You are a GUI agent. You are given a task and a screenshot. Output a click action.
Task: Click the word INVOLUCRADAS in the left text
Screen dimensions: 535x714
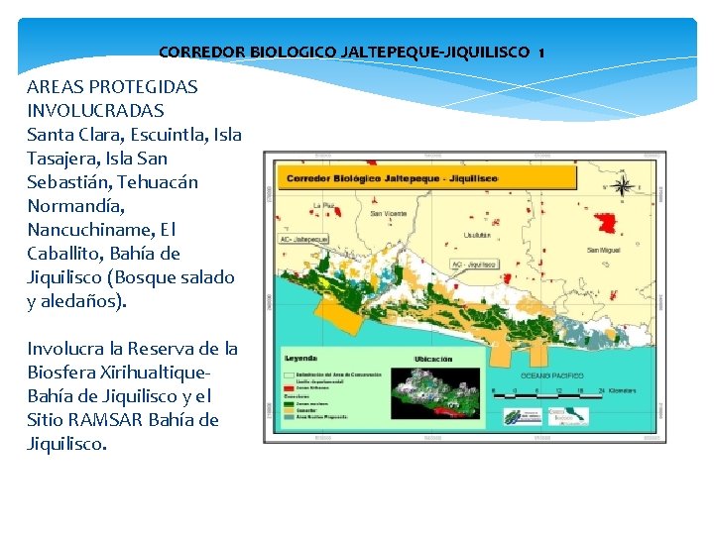click(95, 110)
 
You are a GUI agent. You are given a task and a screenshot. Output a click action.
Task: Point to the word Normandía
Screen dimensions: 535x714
click(75, 206)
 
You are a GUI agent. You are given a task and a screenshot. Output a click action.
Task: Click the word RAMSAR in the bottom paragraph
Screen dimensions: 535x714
click(114, 420)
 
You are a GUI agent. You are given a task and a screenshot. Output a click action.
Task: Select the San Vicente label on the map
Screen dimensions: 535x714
click(389, 212)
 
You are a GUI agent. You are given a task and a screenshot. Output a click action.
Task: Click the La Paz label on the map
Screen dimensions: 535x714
click(323, 206)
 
